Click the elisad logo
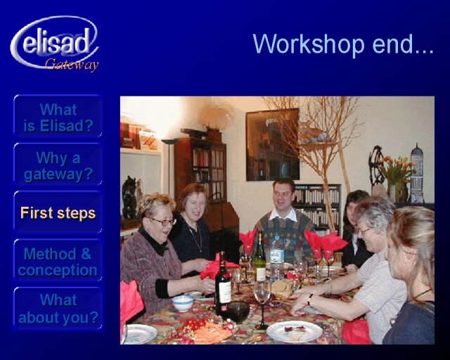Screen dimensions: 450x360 pos(55,43)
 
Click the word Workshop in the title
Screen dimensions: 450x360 pos(309,44)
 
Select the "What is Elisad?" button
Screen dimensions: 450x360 pos(58,117)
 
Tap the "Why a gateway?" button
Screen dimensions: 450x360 pos(58,165)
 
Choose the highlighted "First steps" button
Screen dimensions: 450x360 pos(58,213)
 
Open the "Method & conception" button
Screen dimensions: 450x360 pos(58,262)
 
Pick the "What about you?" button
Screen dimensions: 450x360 pos(58,309)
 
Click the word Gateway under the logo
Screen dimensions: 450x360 pos(72,64)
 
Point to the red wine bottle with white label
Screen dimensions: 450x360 pos(223,283)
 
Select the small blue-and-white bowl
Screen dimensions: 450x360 pos(183,303)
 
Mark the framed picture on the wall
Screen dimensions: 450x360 pos(273,144)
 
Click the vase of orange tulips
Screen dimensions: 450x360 pos(396,179)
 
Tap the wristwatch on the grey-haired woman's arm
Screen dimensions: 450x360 pos(310,300)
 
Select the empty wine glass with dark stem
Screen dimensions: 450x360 pos(262,305)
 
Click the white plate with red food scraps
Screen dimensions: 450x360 pos(295,331)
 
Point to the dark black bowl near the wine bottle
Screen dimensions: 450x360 pos(238,312)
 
